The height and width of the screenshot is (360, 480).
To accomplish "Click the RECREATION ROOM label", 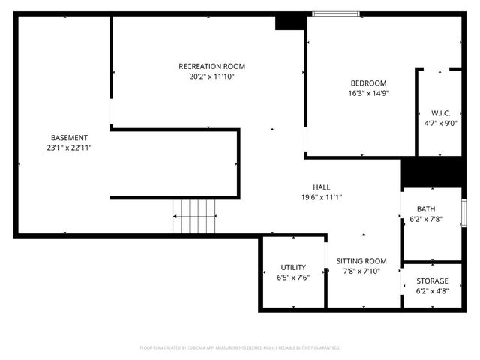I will [x=211, y=66].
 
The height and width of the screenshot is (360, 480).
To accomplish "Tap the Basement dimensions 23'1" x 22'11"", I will [x=69, y=148].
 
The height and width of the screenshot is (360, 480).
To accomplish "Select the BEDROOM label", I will [x=368, y=82].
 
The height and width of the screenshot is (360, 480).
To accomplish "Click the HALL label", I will [x=322, y=187].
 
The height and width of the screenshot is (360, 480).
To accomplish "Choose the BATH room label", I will [x=426, y=209].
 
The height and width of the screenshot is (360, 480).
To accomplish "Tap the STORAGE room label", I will [x=432, y=280].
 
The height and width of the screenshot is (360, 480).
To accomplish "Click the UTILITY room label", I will [x=293, y=267].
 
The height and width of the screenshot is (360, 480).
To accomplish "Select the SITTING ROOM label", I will [x=361, y=260].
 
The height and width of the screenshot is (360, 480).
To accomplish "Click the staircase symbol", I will [x=195, y=216].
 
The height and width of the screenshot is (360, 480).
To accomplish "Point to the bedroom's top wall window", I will [x=336, y=13].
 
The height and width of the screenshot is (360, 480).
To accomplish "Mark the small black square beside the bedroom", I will [x=288, y=22].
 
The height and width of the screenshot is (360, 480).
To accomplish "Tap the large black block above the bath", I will [x=431, y=172].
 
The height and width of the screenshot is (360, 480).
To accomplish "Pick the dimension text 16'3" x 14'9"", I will [x=368, y=94].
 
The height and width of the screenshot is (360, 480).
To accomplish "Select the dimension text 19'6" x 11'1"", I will [x=322, y=197].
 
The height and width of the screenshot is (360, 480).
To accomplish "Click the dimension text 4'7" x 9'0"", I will [x=439, y=124].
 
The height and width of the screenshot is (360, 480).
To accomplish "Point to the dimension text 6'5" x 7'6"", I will [x=293, y=277].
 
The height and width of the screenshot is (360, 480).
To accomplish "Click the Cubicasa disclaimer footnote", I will [x=240, y=347].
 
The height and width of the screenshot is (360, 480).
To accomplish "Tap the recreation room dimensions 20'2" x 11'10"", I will [x=211, y=76].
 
